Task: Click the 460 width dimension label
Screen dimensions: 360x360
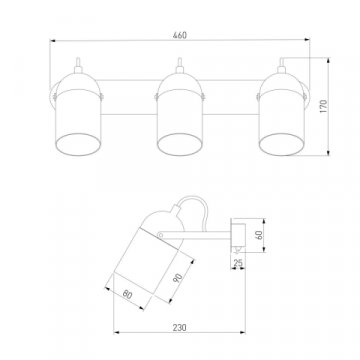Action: tap(180, 35)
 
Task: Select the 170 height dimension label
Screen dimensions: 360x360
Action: tap(324, 106)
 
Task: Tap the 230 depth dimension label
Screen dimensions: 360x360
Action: tap(180, 327)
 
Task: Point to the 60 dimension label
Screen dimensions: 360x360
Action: tap(260, 235)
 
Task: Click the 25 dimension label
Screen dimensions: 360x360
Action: tap(238, 263)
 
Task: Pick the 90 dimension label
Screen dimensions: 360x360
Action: tap(178, 278)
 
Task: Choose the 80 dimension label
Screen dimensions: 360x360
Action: tap(127, 294)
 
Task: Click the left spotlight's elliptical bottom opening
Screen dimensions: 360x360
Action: tap(78, 144)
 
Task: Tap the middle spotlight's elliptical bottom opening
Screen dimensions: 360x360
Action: tap(180, 144)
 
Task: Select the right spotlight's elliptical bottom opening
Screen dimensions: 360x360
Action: tap(282, 144)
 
